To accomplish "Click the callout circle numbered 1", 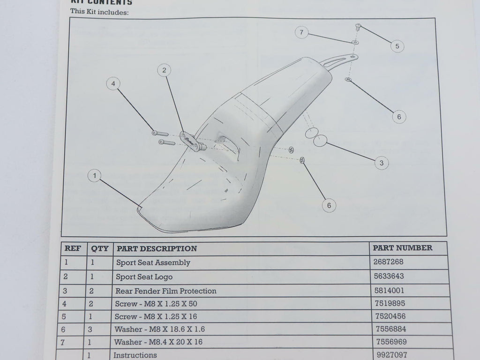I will tap(95, 176).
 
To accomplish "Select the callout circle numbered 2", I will tap(164, 70).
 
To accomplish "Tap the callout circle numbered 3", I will tap(382, 163).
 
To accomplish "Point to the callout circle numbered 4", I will tap(112, 84).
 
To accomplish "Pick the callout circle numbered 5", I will tap(397, 46).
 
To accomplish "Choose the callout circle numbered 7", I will tap(301, 32).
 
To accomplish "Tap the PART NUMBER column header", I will tap(402, 248).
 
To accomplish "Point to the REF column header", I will tap(72, 248).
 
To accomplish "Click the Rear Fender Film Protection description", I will tap(166, 291).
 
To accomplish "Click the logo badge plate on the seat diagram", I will tap(190, 141).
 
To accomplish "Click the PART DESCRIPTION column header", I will tap(157, 248).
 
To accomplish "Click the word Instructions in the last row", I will tap(135, 355).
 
